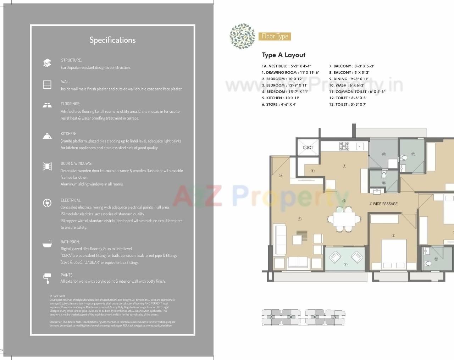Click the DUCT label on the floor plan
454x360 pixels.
[308, 148]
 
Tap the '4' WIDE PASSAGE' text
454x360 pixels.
[383, 204]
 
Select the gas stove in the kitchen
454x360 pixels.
[344, 145]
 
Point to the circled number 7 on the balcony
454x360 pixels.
[345, 265]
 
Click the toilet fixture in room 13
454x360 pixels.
[404, 157]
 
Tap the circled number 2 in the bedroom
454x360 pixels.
[393, 236]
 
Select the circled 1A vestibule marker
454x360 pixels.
[281, 176]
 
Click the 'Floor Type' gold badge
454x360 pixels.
[275, 36]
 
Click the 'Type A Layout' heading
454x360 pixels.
[283, 55]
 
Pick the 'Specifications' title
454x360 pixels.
[112, 40]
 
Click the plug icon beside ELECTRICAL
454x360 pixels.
[47, 203]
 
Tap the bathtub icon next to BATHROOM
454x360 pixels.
[47, 244]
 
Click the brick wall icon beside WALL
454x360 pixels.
[47, 84]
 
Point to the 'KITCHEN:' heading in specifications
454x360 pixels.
[68, 134]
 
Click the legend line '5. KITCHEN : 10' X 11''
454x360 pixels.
[280, 98]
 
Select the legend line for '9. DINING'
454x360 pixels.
[348, 79]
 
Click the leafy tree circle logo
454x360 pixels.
[242, 36]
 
